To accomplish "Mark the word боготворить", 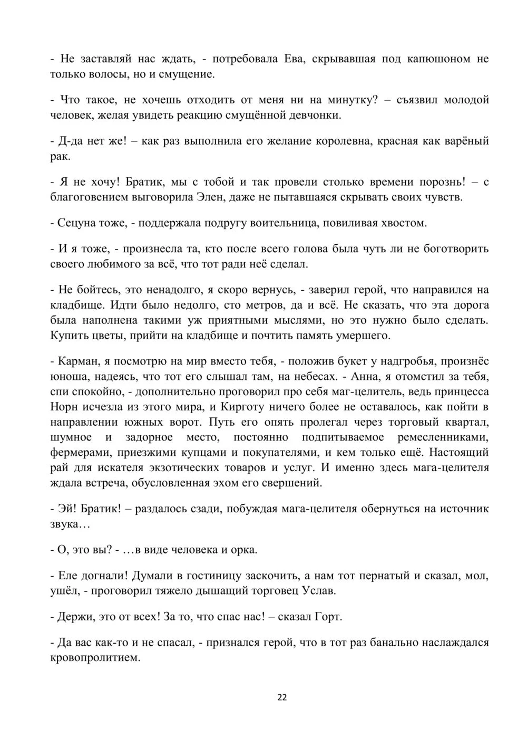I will coord(453,248).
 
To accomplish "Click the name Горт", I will coord(328,617).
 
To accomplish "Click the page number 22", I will coord(282,697).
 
